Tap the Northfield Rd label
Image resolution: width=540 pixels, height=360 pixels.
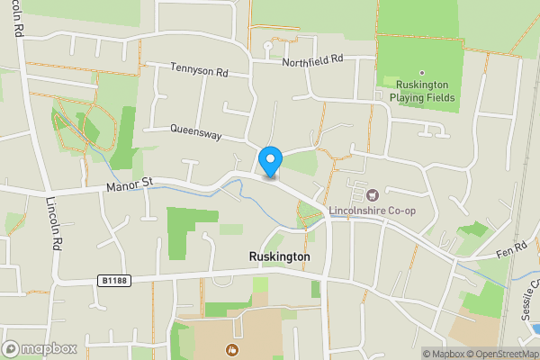pos(312,61)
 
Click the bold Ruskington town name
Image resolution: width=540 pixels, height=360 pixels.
pos(279,256)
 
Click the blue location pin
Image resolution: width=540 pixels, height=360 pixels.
pos(270,161)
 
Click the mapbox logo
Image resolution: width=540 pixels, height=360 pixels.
pos(39,348)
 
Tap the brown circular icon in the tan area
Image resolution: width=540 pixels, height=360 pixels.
pos(232,350)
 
